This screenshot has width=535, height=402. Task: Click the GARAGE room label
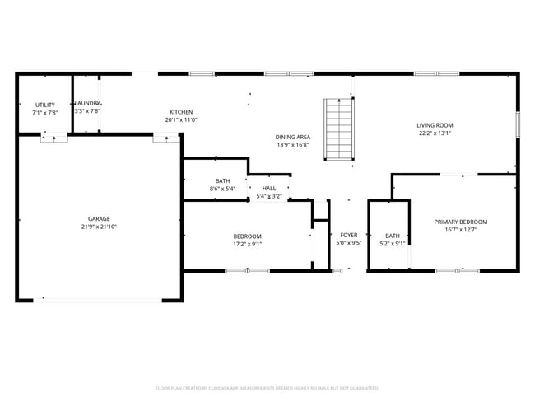click(96, 218)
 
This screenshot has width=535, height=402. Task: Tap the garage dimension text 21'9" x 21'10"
click(96, 227)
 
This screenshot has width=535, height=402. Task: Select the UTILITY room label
click(44, 105)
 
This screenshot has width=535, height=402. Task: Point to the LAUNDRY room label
click(87, 103)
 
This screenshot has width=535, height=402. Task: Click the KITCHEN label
click(181, 112)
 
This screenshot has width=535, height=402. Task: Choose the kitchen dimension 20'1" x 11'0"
click(181, 120)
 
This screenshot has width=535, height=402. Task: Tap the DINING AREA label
click(292, 137)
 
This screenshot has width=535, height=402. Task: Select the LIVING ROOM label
click(435, 125)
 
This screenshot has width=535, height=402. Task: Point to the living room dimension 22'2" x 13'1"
click(435, 133)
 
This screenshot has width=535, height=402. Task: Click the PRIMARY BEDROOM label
click(461, 222)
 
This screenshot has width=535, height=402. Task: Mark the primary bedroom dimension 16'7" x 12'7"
click(461, 230)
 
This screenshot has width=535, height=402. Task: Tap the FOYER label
click(349, 235)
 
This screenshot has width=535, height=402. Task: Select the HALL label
click(269, 189)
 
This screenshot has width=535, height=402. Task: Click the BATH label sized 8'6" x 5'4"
click(222, 181)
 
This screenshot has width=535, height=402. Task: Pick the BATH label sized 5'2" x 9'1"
click(392, 235)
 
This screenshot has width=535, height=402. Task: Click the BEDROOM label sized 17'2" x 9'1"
click(247, 236)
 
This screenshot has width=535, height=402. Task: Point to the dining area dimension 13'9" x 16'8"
click(292, 145)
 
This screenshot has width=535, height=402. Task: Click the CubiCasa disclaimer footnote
click(267, 387)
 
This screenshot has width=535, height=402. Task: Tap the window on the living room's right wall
click(517, 124)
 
